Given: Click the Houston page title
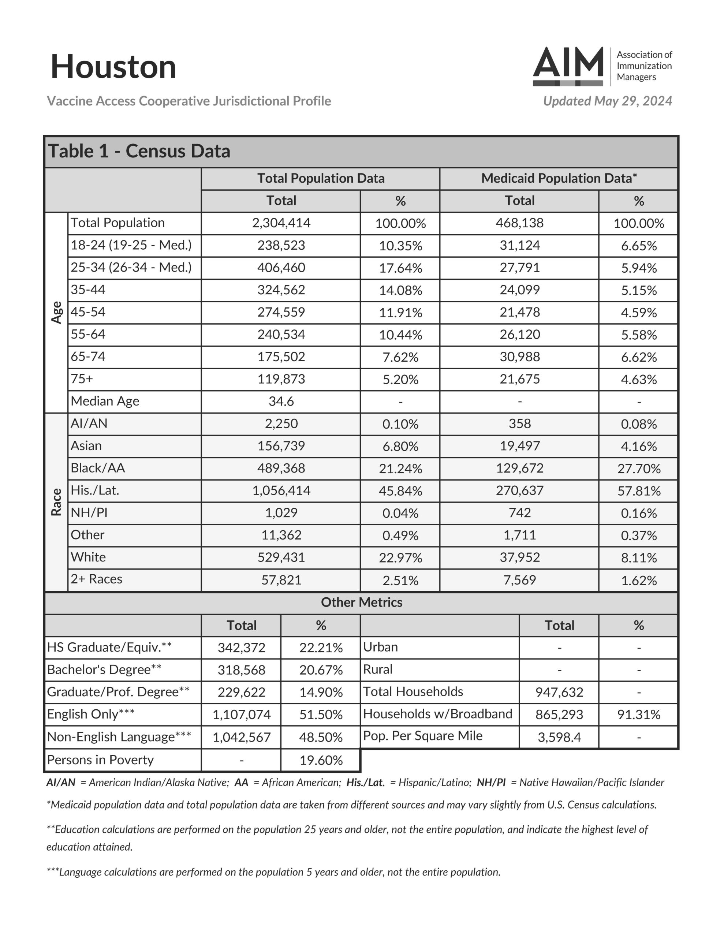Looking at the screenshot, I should click(113, 67).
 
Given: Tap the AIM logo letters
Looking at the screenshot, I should click(568, 63).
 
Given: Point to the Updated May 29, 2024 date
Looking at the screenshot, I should click(607, 101).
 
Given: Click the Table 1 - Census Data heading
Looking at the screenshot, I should click(139, 152).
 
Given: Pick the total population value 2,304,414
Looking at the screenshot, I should click(281, 223).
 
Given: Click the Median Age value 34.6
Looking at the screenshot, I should click(281, 402).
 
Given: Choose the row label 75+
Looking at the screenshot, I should click(82, 379).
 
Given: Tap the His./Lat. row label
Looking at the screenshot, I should click(95, 490).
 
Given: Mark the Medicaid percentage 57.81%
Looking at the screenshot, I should click(639, 491).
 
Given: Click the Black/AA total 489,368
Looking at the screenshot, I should click(281, 468).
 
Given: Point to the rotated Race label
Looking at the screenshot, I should click(57, 502).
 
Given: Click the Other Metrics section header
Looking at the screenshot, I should click(361, 603).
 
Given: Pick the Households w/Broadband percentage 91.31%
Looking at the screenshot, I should click(639, 715).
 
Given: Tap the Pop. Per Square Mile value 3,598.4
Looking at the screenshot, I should click(559, 738).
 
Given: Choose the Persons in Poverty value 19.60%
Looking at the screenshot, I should click(321, 761).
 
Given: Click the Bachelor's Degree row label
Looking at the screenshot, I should click(104, 670).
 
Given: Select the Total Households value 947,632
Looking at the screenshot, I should click(559, 693).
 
